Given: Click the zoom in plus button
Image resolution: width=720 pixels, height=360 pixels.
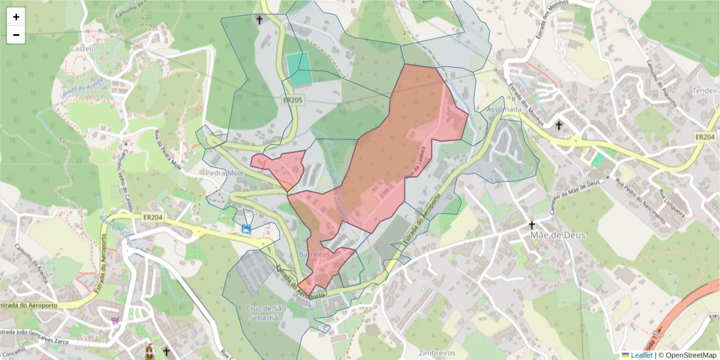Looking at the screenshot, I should coord(16,17).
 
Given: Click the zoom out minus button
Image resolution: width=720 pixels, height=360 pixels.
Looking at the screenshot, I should coord(16,35).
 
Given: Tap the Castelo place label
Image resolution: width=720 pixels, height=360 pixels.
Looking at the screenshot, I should coord(83,47).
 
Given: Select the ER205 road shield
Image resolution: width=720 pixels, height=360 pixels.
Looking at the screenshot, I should coord(292,100).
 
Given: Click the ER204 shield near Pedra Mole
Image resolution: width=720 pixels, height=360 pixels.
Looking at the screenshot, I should coord(154,217).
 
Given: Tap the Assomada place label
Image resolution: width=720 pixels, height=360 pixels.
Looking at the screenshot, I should coord(505,110).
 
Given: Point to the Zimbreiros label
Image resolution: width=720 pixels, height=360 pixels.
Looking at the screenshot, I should coord(437,353).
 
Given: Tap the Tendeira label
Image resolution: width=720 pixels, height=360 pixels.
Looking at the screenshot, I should coord(704,90).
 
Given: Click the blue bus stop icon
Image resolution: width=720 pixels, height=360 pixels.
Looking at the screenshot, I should coord(246,229).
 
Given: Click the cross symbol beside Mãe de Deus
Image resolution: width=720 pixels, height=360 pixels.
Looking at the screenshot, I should coord(531,225).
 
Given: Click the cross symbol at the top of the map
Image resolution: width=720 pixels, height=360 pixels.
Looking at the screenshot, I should coord(259,20).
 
